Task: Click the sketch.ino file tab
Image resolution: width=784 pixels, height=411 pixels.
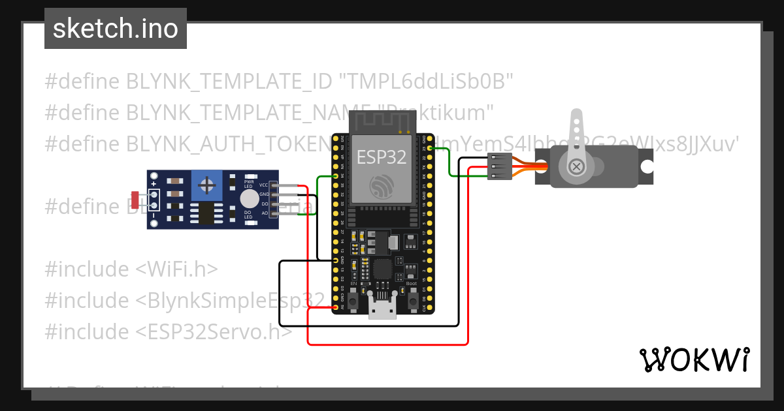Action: (115, 29)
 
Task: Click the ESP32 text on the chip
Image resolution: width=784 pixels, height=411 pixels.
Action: (381, 157)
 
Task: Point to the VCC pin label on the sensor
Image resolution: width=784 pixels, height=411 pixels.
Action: (264, 185)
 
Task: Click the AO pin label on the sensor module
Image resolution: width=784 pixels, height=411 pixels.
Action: (265, 213)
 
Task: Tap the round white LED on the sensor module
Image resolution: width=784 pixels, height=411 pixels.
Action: (249, 199)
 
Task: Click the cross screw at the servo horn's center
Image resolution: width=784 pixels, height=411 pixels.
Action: (577, 166)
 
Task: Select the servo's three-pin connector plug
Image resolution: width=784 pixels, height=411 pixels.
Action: (499, 167)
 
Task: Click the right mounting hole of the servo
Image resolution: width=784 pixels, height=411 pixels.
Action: (647, 166)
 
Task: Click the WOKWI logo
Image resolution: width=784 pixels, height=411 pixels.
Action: (694, 359)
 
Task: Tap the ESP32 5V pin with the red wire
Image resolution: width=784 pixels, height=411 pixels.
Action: (336, 307)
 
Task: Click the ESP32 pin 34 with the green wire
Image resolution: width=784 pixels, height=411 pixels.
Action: (336, 176)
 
